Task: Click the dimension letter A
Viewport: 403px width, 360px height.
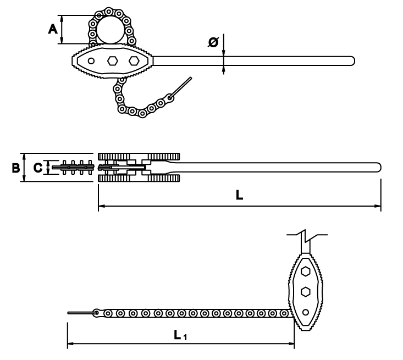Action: click(x=53, y=29)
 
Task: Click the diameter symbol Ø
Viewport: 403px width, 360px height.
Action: click(x=213, y=42)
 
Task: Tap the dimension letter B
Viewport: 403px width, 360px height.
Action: click(x=16, y=168)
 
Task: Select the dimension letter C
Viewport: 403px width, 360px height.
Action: click(x=37, y=168)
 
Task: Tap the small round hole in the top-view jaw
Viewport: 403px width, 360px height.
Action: click(x=91, y=60)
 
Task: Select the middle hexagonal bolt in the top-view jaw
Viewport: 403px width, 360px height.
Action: click(x=112, y=60)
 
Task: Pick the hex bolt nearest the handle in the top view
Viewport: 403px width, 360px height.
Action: click(x=133, y=60)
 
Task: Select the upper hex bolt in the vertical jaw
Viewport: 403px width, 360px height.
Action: click(x=305, y=272)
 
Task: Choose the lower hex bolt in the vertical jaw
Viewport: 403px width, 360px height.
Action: click(x=305, y=292)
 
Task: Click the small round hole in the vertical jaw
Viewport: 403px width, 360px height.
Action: click(x=305, y=312)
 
